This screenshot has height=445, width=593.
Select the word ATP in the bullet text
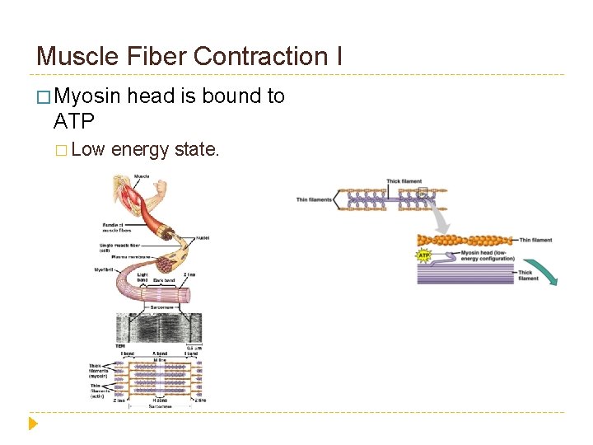(x=73, y=121)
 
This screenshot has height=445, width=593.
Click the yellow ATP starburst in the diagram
(x=424, y=255)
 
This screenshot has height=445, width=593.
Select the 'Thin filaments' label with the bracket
(x=315, y=199)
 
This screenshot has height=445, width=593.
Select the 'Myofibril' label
(x=105, y=269)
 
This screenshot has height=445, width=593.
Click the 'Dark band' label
(x=164, y=280)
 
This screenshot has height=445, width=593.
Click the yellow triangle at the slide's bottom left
(x=33, y=424)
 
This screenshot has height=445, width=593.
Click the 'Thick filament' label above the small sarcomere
(x=404, y=181)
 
